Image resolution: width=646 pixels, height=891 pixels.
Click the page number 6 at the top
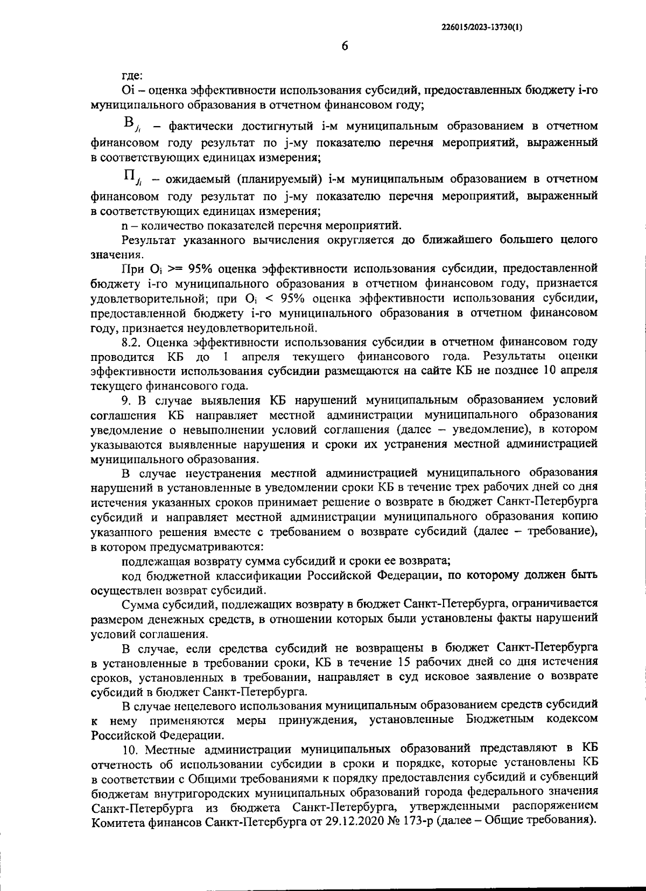345,46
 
